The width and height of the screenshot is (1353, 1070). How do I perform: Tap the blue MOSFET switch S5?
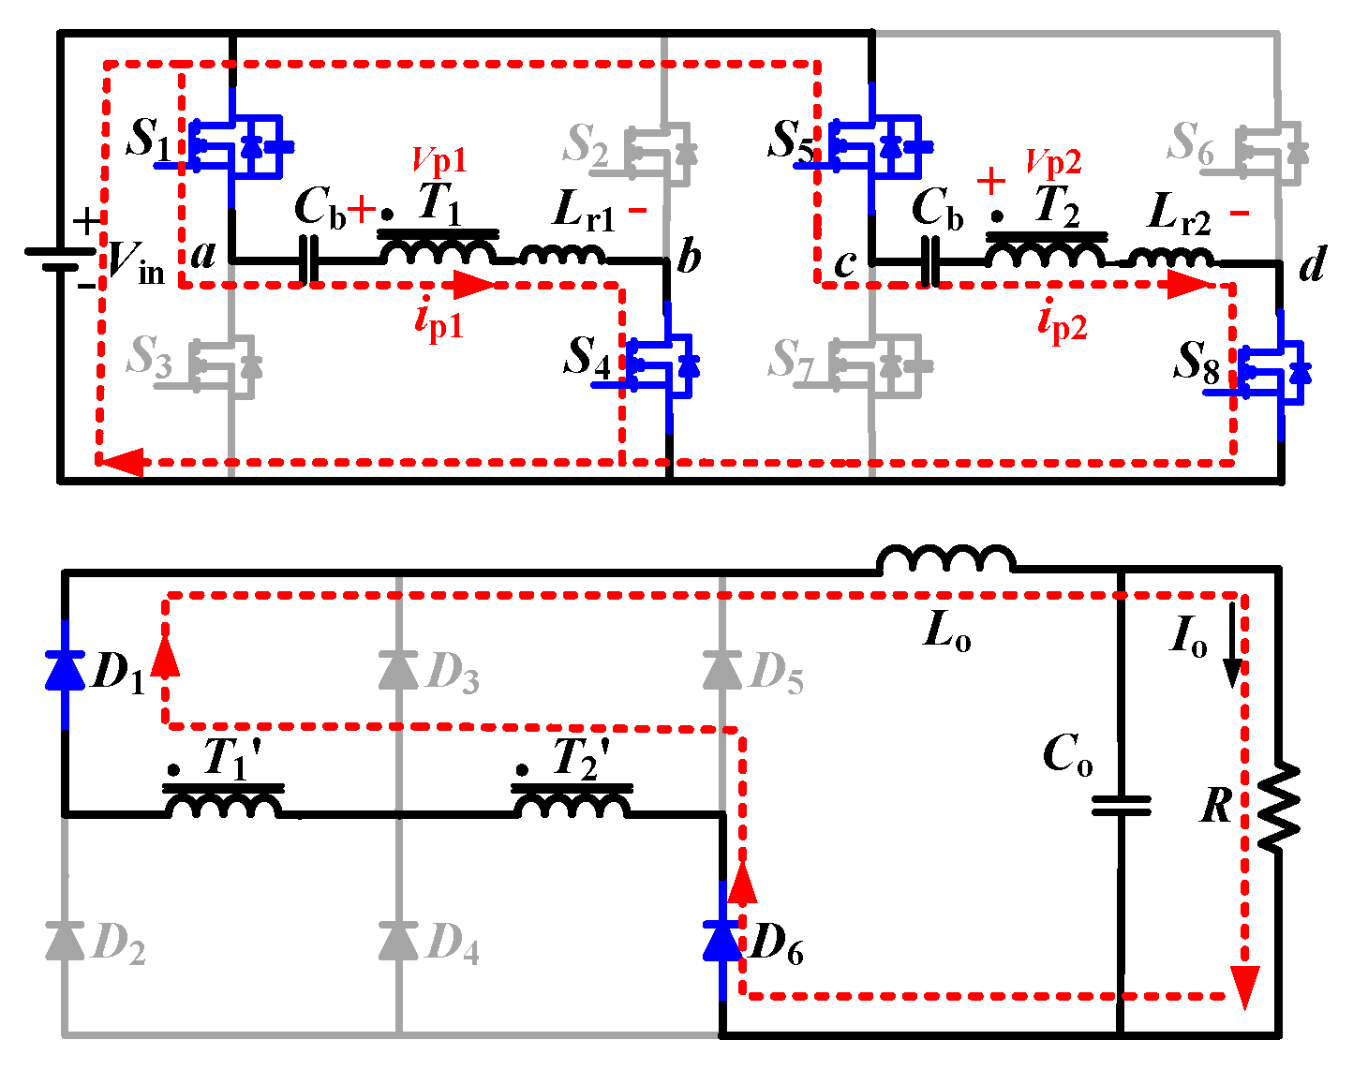[x=875, y=146]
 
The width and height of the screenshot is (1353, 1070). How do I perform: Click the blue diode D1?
[x=65, y=671]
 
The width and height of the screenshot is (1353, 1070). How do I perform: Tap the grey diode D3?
[x=398, y=671]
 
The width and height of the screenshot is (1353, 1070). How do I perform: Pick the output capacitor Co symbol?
[x=1121, y=805]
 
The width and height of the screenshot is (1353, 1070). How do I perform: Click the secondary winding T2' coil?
[x=572, y=804]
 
